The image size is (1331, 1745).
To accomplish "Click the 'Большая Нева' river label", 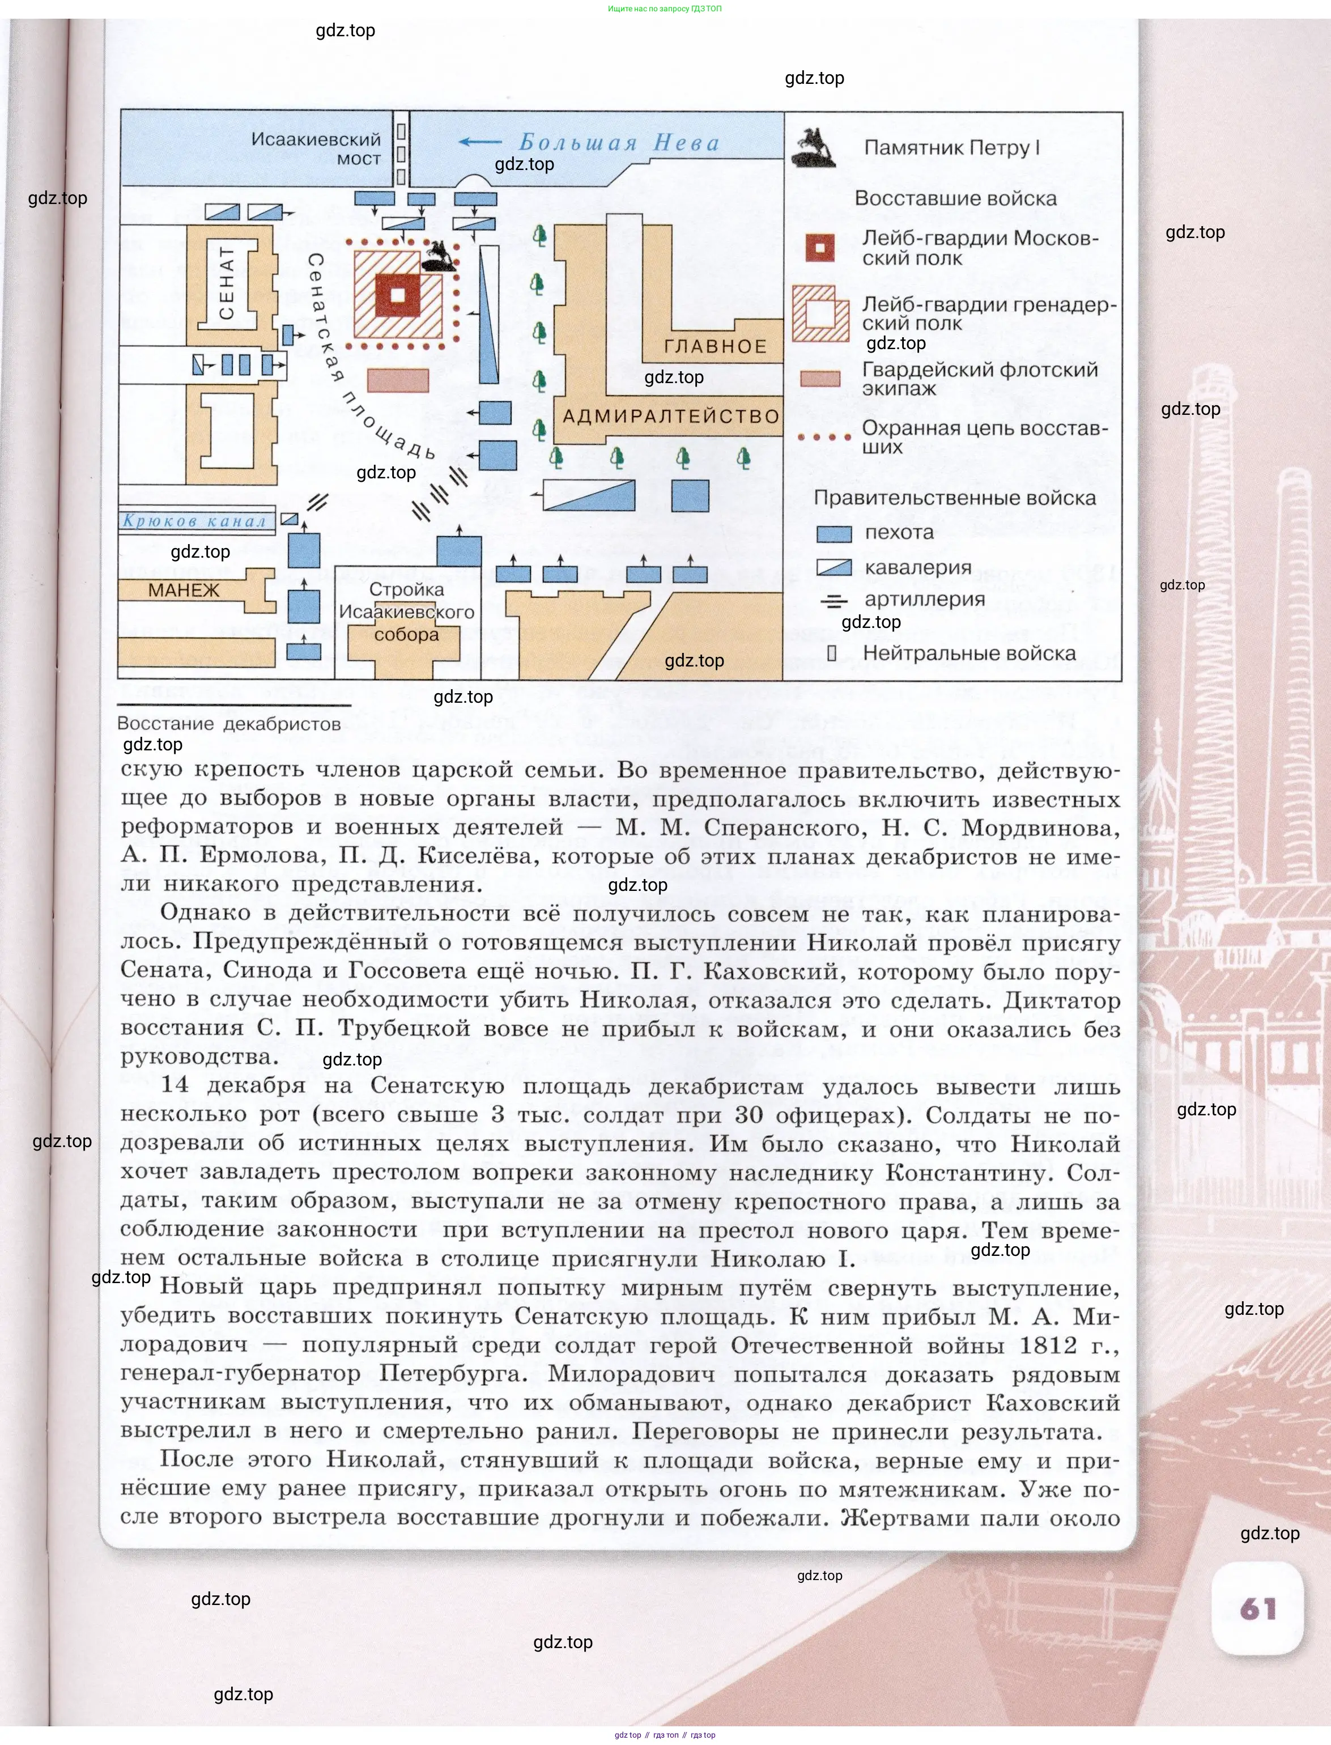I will click(619, 143).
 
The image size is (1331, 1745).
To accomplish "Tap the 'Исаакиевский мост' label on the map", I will click(317, 149).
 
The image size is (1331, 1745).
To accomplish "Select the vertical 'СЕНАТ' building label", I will click(227, 283).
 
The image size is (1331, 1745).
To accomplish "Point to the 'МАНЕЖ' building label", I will click(184, 591).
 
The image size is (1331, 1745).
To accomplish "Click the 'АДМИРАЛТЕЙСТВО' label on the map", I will click(671, 416).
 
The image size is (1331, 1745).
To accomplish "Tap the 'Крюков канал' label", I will click(194, 521).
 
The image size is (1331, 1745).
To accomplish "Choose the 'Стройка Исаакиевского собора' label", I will click(406, 612).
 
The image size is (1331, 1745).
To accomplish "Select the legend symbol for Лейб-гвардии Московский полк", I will click(820, 247).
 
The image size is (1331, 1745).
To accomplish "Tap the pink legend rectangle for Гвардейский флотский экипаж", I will click(820, 379).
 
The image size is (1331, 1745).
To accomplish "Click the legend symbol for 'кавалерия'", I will click(834, 567).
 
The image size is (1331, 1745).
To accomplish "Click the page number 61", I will click(1258, 1608).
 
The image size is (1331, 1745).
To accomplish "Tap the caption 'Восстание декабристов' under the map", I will click(229, 724).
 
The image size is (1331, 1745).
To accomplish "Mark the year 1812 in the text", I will click(1048, 1345).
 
